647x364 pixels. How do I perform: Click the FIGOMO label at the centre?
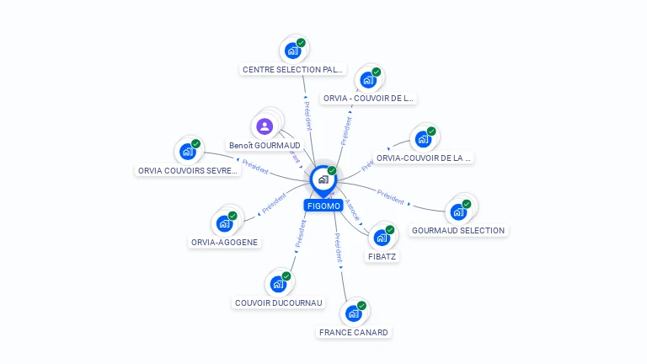(x=323, y=206)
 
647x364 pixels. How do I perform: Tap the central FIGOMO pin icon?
(x=323, y=179)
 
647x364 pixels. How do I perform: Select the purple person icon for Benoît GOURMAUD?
(x=265, y=126)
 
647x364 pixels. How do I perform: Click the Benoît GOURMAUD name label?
(x=265, y=146)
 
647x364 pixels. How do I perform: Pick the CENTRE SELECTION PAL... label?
(x=293, y=69)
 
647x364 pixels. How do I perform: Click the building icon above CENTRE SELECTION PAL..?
(x=293, y=51)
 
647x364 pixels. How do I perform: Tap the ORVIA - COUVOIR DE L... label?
(x=369, y=98)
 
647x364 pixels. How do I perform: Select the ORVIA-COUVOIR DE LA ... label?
(x=424, y=158)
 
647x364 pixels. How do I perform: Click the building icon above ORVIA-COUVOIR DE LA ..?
(x=423, y=139)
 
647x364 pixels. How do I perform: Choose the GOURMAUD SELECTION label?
(x=458, y=230)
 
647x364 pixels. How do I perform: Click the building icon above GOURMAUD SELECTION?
(x=458, y=211)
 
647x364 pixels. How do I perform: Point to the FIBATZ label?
(x=382, y=256)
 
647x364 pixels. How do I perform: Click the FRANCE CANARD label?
(x=354, y=332)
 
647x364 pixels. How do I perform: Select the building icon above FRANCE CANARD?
(x=354, y=313)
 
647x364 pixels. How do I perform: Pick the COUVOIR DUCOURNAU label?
(x=279, y=302)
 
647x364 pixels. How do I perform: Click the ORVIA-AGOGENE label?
(x=225, y=242)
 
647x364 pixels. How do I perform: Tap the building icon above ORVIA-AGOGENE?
(x=224, y=223)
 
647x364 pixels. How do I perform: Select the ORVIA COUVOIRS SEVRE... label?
(x=189, y=170)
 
